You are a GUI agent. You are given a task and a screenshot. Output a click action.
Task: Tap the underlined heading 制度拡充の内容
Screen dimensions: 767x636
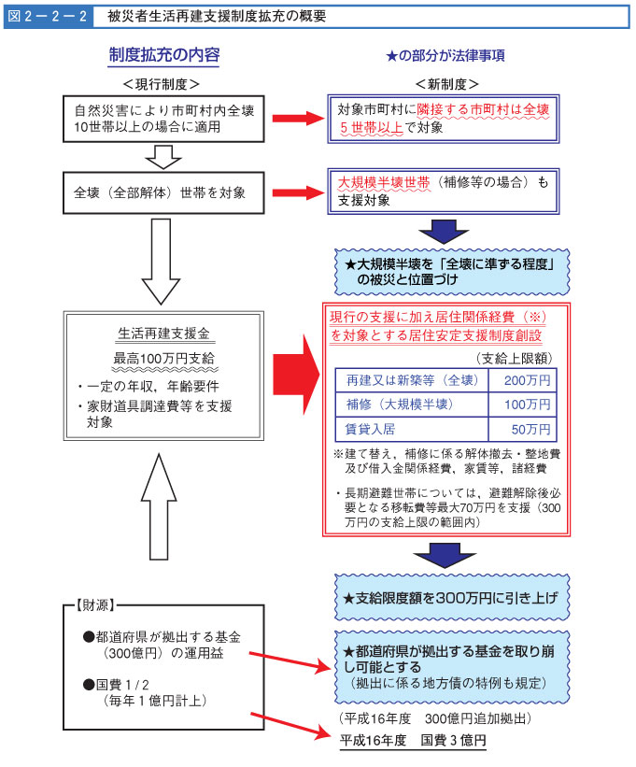(164, 55)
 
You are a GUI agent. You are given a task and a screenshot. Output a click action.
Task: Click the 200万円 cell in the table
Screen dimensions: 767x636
(527, 380)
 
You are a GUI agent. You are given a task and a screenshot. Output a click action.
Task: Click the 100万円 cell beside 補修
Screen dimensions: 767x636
(527, 405)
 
